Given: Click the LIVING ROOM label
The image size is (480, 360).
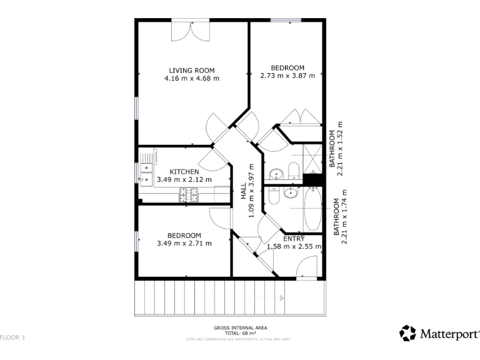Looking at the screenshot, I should click(x=192, y=70).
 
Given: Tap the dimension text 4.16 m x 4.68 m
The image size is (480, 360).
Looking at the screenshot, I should click(x=192, y=79).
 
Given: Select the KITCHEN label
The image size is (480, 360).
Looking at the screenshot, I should click(x=184, y=171).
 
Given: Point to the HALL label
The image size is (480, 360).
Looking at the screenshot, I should click(x=244, y=192).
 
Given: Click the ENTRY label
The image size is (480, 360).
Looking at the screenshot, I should click(x=294, y=239).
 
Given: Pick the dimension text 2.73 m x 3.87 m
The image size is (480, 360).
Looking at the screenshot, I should click(x=287, y=76).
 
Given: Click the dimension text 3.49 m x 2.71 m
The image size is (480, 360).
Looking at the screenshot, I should click(x=184, y=243).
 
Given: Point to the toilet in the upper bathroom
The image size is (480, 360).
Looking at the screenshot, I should click(x=276, y=172).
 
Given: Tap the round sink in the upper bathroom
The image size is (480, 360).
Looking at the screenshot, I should click(x=292, y=171).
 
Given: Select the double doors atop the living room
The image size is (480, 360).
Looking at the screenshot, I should click(x=192, y=29).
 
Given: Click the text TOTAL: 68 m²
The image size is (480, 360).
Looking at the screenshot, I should click(x=240, y=333).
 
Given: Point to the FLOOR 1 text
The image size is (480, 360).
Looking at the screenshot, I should click(x=13, y=337).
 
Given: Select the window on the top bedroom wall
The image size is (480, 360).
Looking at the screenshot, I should click(x=281, y=20).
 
